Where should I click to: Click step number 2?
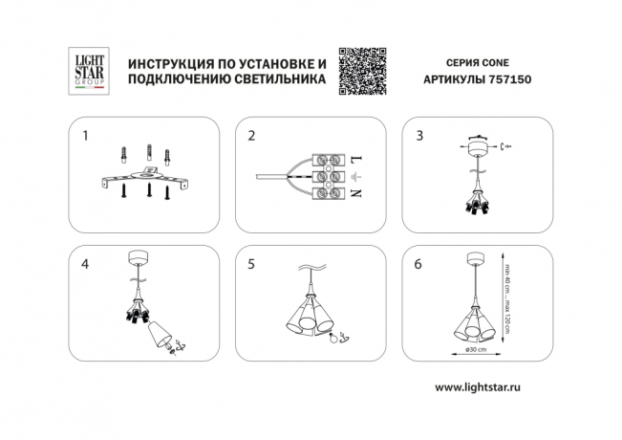coord(251,136)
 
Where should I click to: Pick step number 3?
coord(418,136)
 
